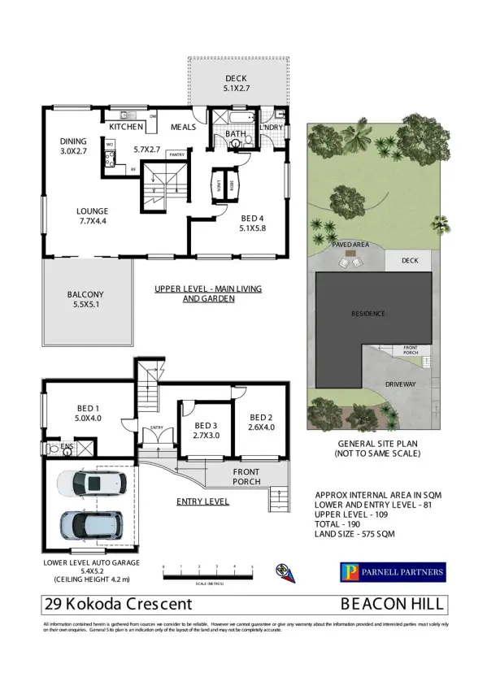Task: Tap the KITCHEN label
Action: pos(126,127)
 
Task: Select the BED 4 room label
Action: pos(252,223)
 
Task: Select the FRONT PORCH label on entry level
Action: pos(246,476)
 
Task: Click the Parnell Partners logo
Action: pos(392,572)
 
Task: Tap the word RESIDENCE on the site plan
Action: pos(367,314)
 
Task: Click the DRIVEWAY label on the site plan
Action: pos(400,384)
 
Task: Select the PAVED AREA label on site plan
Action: pos(350,244)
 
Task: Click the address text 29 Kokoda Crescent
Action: pos(118,604)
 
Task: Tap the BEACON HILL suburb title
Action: pos(392,604)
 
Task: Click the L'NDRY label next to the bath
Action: pos(270,128)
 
